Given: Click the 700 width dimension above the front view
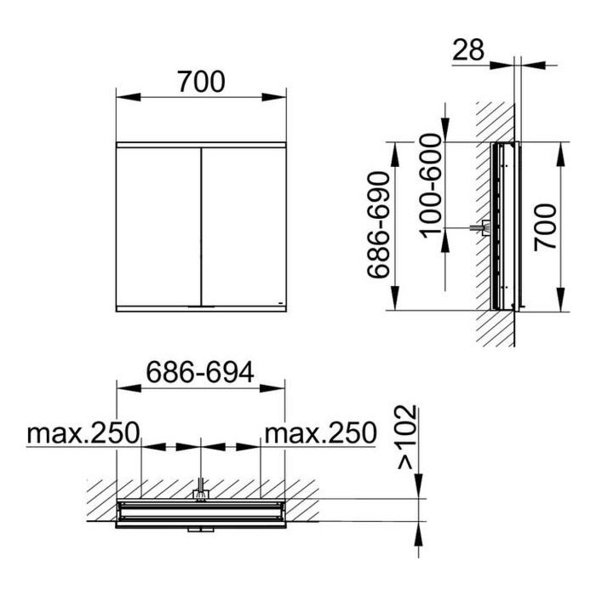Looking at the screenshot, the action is [x=202, y=82].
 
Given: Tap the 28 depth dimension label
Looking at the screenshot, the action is [x=468, y=49].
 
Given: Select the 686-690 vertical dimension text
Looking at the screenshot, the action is [x=379, y=225].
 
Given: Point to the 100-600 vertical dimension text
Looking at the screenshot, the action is [x=432, y=186].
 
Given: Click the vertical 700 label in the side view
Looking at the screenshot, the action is [x=545, y=227].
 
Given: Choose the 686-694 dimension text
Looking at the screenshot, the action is [x=200, y=373].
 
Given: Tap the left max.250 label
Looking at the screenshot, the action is [x=83, y=433].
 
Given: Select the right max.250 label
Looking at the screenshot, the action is [x=320, y=433].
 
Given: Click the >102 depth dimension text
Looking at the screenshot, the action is [x=407, y=438].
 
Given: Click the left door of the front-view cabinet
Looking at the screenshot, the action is [x=158, y=226].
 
